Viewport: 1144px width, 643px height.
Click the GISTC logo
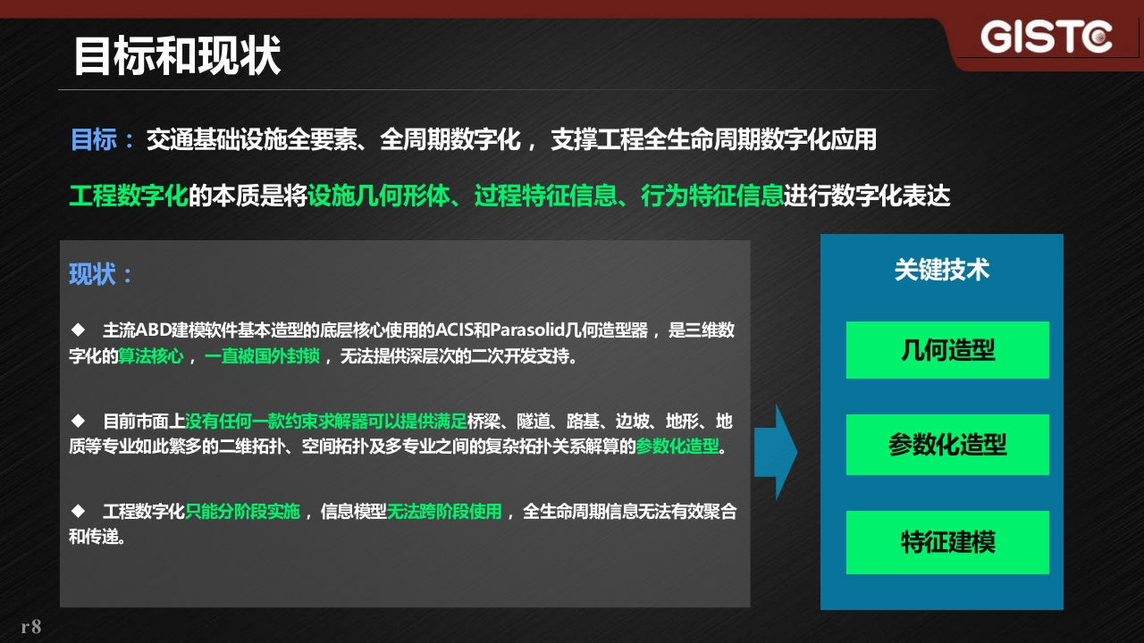tap(1046, 37)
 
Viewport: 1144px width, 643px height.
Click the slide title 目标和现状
tap(178, 55)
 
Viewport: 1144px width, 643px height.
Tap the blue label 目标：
tap(102, 139)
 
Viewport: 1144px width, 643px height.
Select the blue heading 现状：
tap(101, 274)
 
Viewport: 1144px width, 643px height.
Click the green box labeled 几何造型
tap(947, 350)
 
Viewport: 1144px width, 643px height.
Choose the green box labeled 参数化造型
tap(947, 445)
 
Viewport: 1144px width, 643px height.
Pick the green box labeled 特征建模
tap(947, 542)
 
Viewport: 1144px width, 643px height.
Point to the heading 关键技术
tap(942, 270)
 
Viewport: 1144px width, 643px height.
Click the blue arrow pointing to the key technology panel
tap(775, 452)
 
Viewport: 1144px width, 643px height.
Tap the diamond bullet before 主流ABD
tap(78, 330)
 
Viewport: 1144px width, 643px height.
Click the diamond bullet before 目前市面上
tap(78, 421)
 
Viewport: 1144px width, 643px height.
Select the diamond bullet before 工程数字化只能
tap(78, 511)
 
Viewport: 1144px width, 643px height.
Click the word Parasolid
tap(527, 330)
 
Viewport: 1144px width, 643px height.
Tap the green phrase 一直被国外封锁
tap(262, 355)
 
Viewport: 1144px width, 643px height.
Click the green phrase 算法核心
tap(151, 355)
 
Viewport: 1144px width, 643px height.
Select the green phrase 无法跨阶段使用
tap(444, 512)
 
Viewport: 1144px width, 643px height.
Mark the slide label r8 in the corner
tap(31, 627)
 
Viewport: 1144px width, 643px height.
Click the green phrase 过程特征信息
tap(545, 196)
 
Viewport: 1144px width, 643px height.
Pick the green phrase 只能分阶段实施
tap(242, 512)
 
